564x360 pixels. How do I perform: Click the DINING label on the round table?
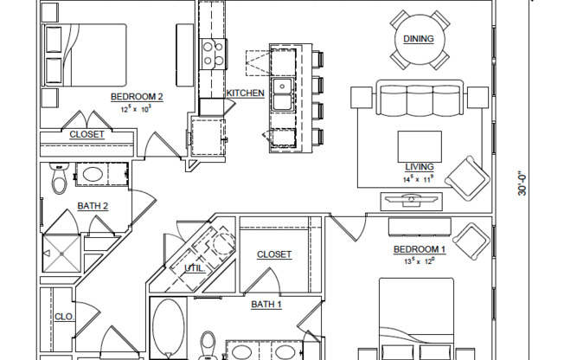[x=419, y=39]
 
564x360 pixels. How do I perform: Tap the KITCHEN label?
[x=245, y=93]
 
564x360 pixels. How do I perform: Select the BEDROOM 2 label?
[x=137, y=96]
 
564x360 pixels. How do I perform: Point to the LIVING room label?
[x=419, y=168]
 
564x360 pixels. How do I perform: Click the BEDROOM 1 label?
[x=420, y=250]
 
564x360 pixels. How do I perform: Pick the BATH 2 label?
[x=93, y=206]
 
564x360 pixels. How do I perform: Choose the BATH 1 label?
[x=266, y=305]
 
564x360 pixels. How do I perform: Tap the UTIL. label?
[x=195, y=268]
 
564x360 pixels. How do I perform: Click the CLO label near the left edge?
[x=63, y=317]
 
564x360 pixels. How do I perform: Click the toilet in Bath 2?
[x=60, y=179]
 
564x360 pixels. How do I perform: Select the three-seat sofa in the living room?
[x=419, y=100]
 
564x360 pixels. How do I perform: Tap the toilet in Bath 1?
[x=208, y=344]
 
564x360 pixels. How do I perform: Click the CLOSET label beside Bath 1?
[x=274, y=254]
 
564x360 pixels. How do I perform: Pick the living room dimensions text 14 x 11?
[x=419, y=179]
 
